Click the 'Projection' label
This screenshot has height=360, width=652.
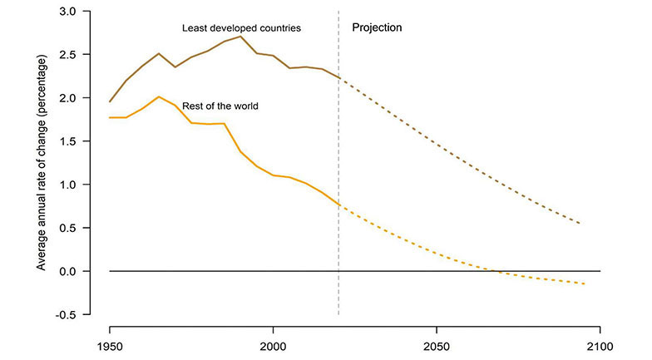[x=377, y=27]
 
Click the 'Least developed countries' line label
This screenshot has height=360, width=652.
[x=241, y=28]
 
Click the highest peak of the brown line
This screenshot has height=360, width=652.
[x=240, y=36]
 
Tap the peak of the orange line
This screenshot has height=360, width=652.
[x=159, y=96]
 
